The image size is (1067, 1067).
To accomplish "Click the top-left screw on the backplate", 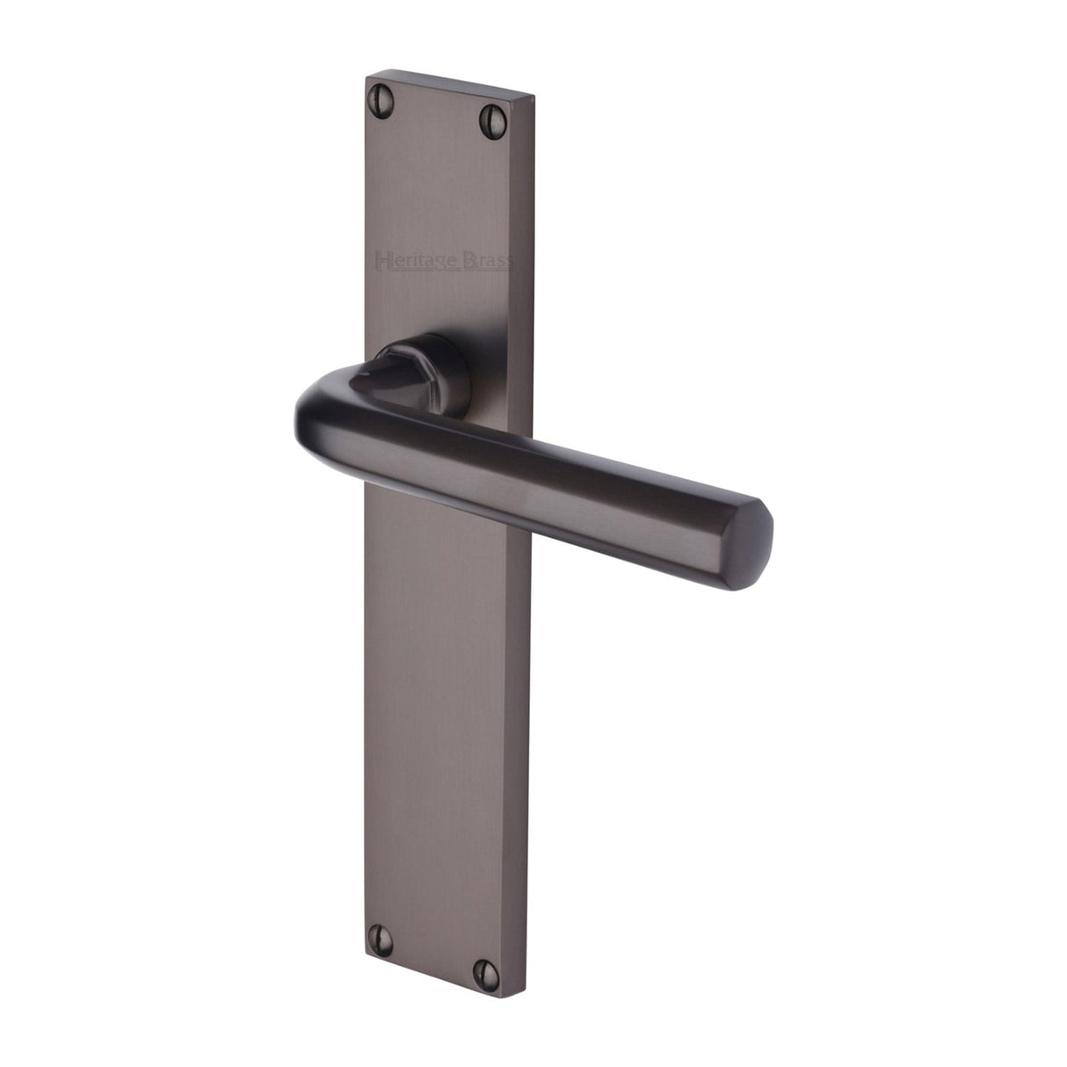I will click(x=382, y=90).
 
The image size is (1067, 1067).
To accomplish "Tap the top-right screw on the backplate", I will click(x=490, y=115).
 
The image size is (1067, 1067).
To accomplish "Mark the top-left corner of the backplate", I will click(x=366, y=76).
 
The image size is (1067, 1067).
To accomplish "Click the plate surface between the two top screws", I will click(x=436, y=104).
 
